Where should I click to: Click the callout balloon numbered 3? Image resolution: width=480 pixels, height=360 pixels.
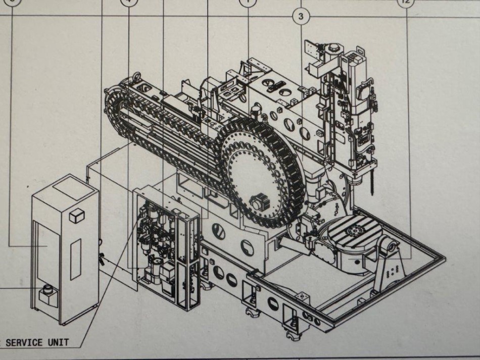click(x=301, y=17)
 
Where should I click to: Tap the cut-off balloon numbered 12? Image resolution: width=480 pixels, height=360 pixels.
click(x=406, y=2)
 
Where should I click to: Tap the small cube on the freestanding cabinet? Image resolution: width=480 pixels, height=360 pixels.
click(x=77, y=216)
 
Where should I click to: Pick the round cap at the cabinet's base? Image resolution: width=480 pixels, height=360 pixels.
click(x=49, y=289)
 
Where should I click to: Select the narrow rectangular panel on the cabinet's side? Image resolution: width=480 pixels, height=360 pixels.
click(x=75, y=256)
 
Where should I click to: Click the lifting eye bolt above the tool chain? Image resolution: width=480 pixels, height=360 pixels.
click(x=135, y=77)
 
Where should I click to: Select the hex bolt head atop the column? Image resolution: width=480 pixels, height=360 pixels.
click(x=334, y=49)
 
